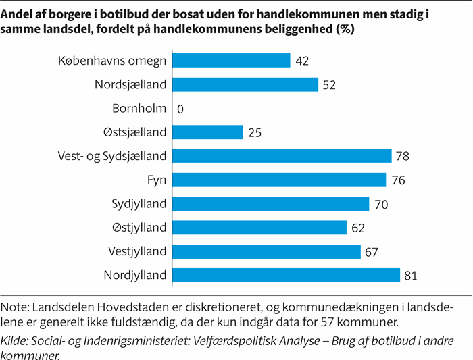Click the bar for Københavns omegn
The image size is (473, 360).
point(232,61)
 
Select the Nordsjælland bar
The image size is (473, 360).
point(245,84)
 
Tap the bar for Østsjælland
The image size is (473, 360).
point(207,132)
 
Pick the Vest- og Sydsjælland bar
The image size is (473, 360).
point(282,156)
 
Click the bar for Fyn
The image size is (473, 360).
point(279,180)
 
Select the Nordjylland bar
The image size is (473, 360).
point(287,275)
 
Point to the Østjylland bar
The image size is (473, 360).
point(259,228)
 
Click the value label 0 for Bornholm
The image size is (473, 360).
point(180,109)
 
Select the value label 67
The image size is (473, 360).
point(372,252)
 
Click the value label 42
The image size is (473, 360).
point(302,61)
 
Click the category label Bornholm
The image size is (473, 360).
point(140,108)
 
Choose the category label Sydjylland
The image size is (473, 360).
point(139,204)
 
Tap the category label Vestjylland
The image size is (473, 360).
point(137,251)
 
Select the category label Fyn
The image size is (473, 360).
point(157,180)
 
